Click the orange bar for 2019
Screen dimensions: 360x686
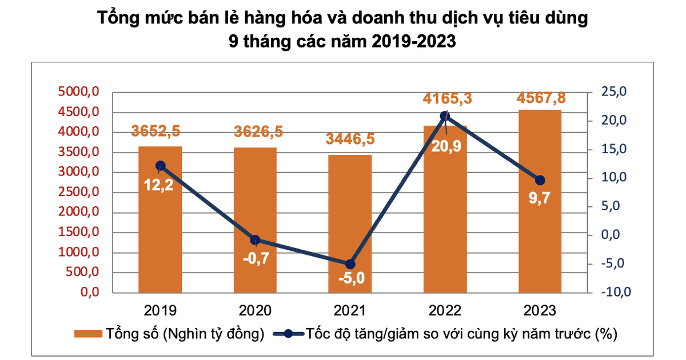(x=160, y=240)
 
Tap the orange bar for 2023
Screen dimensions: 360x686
(x=540, y=229)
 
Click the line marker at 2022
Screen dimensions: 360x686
(x=445, y=117)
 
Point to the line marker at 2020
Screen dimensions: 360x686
(x=255, y=240)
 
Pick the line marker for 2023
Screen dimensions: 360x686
(x=540, y=180)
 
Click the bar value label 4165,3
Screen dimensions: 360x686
(x=448, y=99)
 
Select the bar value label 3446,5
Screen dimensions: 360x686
(x=350, y=139)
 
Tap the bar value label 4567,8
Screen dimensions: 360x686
(x=541, y=98)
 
